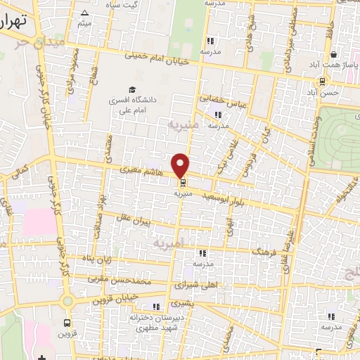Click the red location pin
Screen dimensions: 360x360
181,164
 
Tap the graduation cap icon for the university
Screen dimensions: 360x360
131,89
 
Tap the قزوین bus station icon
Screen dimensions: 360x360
67,323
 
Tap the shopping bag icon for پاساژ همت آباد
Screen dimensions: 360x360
333,53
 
